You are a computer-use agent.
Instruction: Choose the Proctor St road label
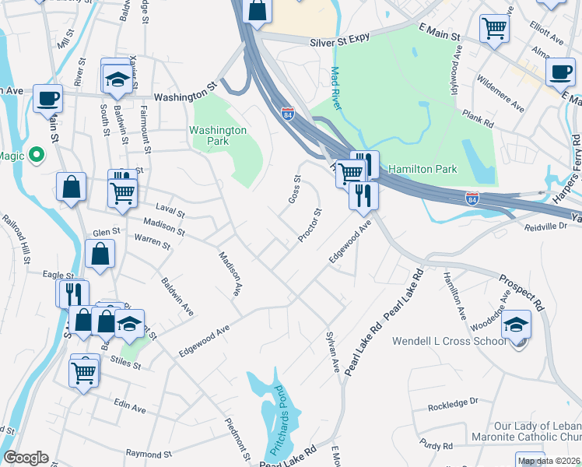309,225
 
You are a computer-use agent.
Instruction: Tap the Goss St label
294,189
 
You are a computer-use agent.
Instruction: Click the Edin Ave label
129,407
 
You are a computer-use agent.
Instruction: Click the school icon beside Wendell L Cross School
516,325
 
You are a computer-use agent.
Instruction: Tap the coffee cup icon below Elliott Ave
559,72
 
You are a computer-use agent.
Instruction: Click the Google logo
26,458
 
